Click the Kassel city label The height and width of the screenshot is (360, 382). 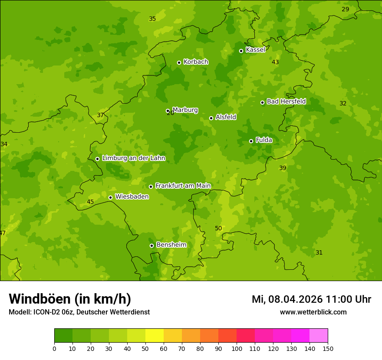[255, 50]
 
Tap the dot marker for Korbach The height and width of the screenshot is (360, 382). [179, 62]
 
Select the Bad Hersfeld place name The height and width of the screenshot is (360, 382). [286, 101]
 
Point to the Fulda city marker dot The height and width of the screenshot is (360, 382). [251, 141]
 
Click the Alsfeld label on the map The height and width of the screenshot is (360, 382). [226, 117]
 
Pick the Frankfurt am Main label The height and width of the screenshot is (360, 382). [183, 186]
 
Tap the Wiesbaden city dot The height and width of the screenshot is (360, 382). [110, 197]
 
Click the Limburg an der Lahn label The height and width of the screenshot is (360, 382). [133, 158]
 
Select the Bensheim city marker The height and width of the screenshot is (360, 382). [151, 245]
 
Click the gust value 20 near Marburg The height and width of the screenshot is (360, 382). [171, 113]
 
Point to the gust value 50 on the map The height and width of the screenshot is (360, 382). [218, 228]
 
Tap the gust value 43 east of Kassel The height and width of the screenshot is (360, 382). [275, 62]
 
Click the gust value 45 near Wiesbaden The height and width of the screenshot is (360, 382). [90, 202]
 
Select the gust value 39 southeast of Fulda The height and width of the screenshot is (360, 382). [283, 168]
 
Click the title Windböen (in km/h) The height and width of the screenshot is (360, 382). [70, 299]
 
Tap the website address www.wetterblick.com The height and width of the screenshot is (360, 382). [313, 312]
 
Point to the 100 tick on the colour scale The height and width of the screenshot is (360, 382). [237, 348]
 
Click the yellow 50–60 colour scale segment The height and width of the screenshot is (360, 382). [155, 336]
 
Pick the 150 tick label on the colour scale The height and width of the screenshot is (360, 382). [328, 348]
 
